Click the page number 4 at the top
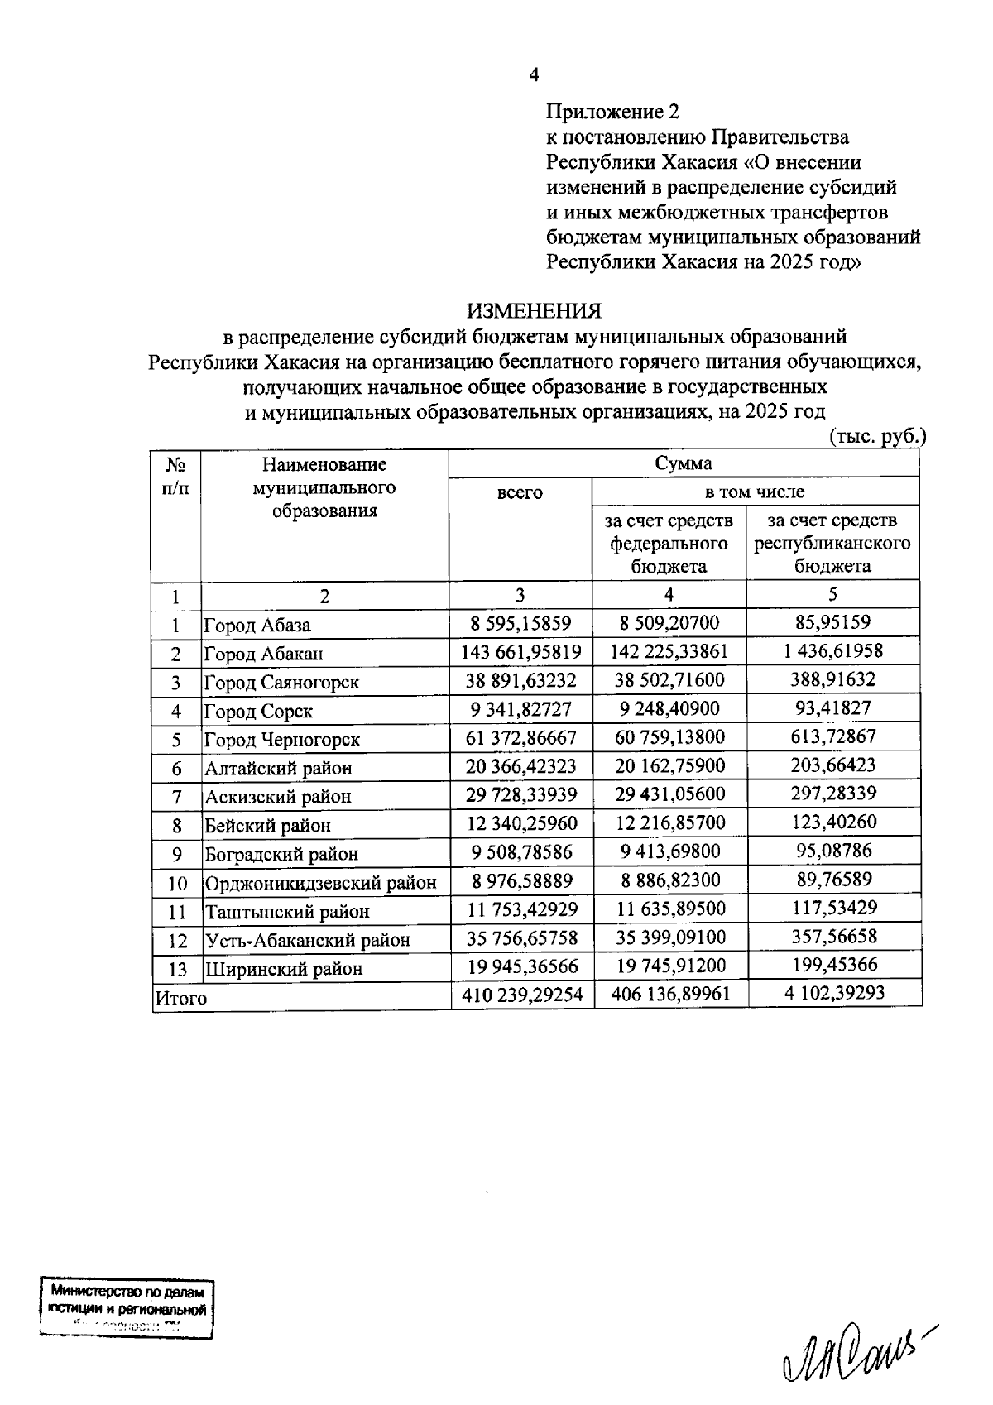tap(534, 75)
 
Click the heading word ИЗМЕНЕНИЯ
tap(534, 311)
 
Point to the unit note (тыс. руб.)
tap(876, 438)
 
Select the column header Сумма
tap(684, 463)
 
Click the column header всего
tap(520, 493)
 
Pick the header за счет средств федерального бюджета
tap(669, 543)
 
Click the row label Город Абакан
tap(263, 654)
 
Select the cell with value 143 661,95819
tap(521, 652)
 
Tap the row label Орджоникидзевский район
tap(320, 883)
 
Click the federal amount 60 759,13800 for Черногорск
tap(669, 737)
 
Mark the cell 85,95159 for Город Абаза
tap(832, 622)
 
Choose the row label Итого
tap(181, 999)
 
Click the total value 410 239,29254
tap(522, 995)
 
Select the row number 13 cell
tap(177, 969)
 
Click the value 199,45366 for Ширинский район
tap(833, 965)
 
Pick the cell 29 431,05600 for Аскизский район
tap(669, 794)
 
